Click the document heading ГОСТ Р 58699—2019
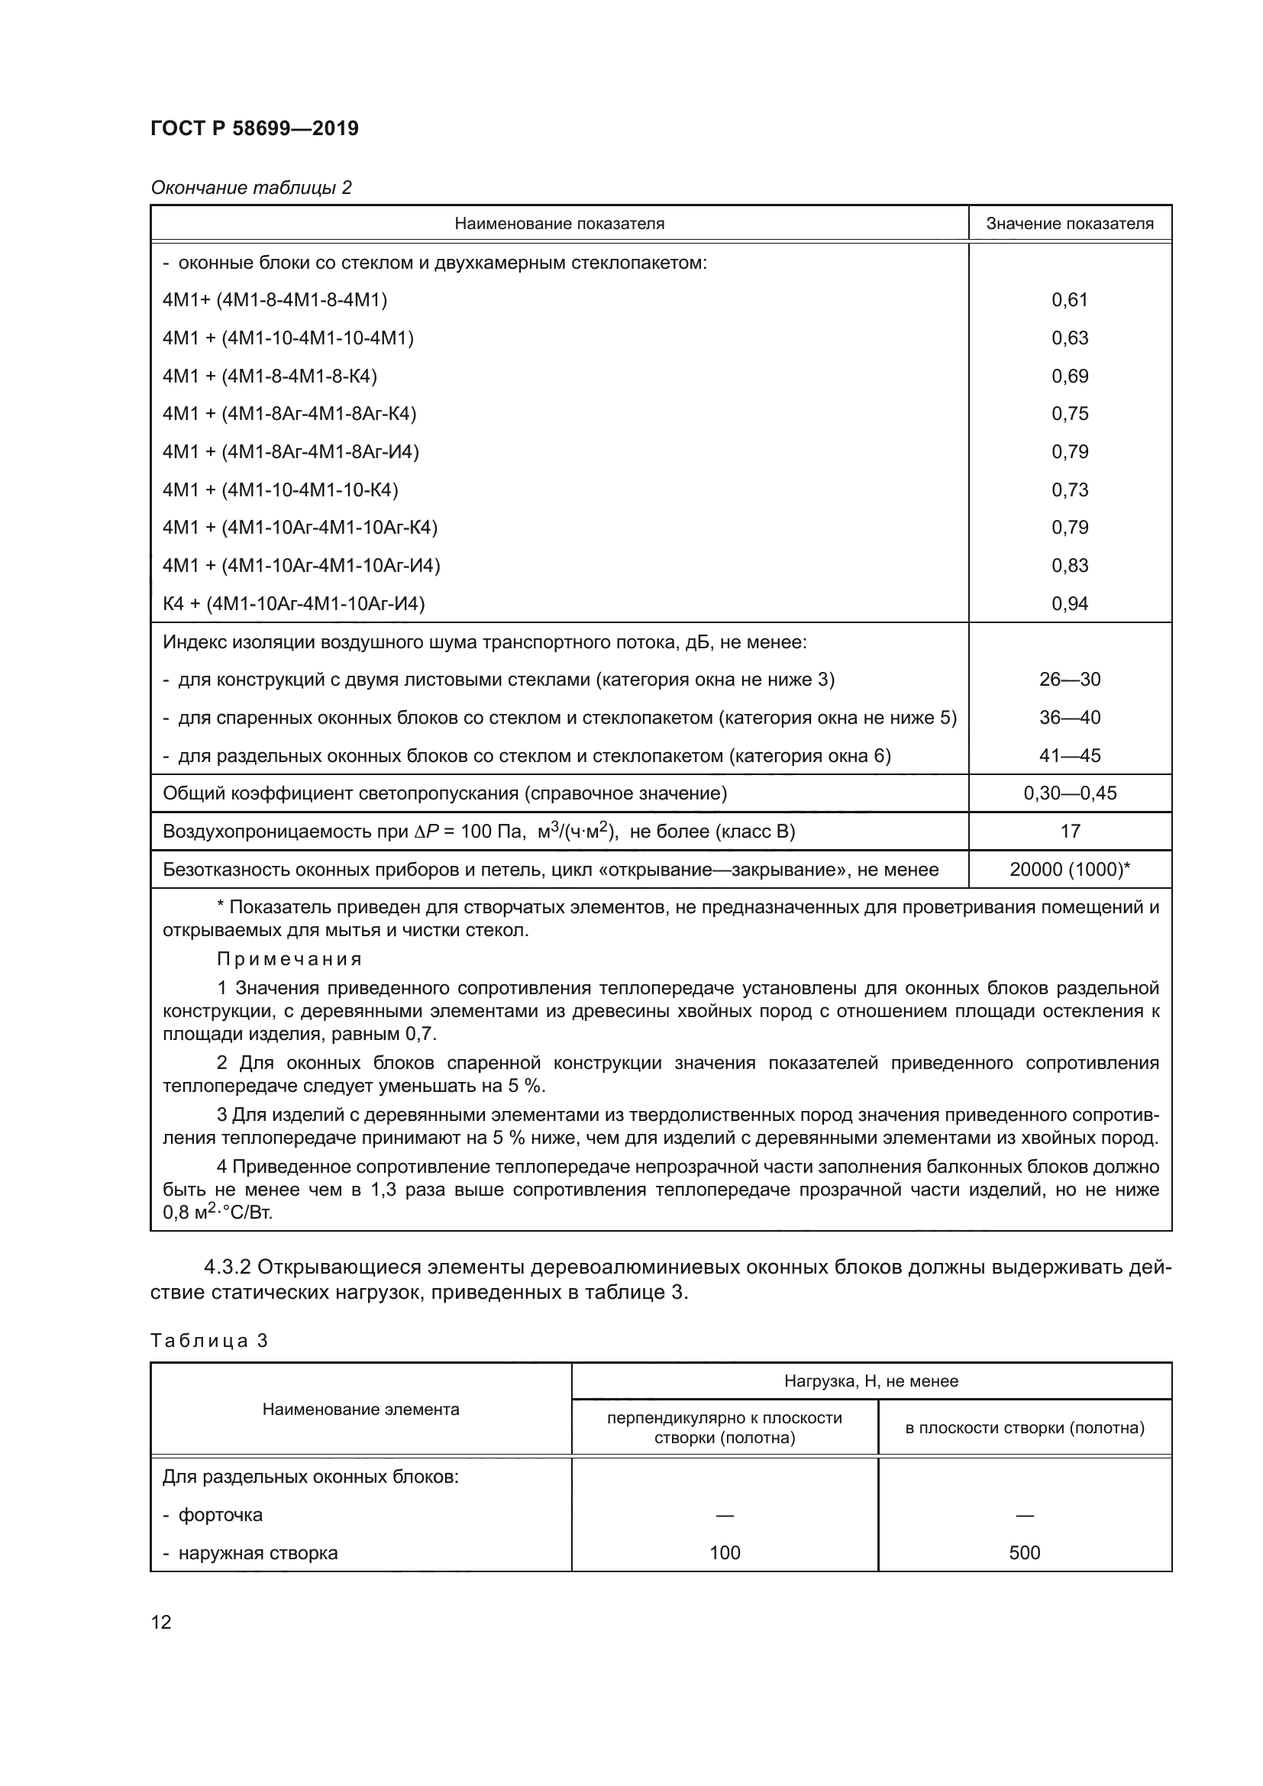click(254, 128)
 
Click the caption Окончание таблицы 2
click(251, 188)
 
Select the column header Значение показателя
click(1069, 224)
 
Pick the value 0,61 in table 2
click(1069, 300)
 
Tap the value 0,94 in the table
click(1069, 604)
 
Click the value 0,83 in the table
click(1069, 566)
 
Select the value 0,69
click(1069, 376)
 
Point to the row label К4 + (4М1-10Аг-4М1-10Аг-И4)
click(293, 604)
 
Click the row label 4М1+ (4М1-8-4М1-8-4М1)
click(275, 300)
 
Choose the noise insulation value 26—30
click(1069, 680)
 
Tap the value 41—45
click(1069, 755)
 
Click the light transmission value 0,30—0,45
click(1069, 793)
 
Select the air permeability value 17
click(1069, 832)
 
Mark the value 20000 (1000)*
click(1069, 870)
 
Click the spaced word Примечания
click(289, 959)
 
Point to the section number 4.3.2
click(228, 1268)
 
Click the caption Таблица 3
click(209, 1341)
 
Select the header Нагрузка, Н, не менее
click(871, 1381)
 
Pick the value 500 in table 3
click(1024, 1553)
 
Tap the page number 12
click(161, 1623)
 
